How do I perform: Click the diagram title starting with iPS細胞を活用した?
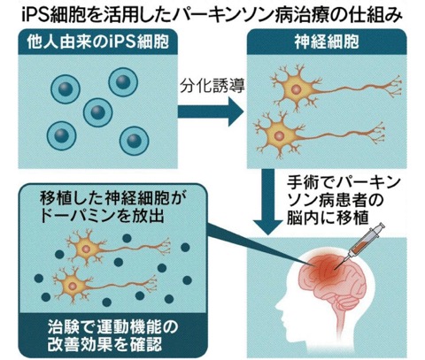pos(212,15)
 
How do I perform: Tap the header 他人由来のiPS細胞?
pos(97,42)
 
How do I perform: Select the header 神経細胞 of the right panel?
pos(327,42)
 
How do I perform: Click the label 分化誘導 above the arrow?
pos(212,86)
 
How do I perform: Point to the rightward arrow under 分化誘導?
pos(211,112)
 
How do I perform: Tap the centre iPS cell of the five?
pos(97,112)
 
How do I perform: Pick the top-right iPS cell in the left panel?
pos(123,82)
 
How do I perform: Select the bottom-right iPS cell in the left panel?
pos(134,141)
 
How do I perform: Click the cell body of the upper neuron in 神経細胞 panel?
pos(297,88)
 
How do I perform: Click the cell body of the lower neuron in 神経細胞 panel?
pos(279,135)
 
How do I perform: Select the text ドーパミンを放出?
pos(102,216)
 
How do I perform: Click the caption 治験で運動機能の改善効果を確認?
pos(113,335)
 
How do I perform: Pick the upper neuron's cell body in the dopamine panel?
pos(86,249)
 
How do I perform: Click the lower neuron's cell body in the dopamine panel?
pos(72,286)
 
